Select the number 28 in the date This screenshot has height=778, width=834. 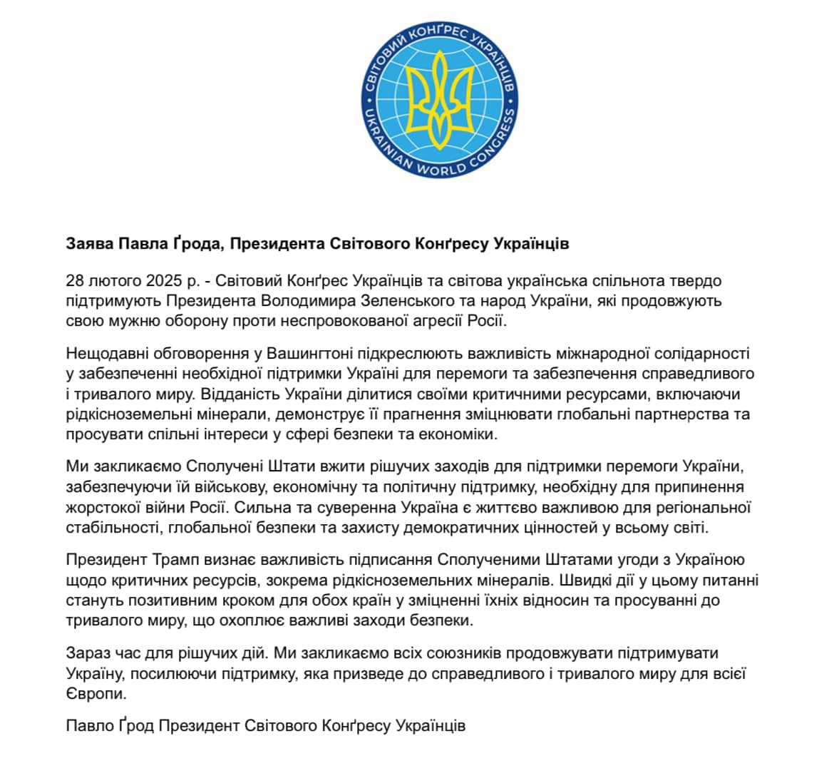point(75,281)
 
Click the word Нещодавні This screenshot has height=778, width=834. point(104,354)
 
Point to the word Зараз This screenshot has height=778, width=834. point(86,653)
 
